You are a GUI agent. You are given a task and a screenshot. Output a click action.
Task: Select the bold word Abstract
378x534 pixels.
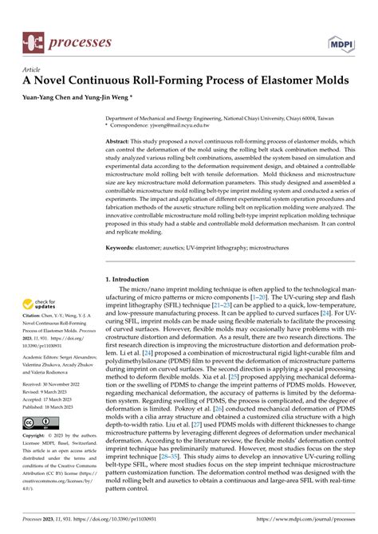(120, 139)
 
